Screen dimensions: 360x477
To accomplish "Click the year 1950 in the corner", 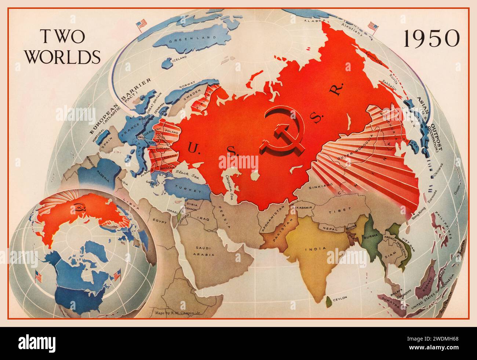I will (431, 38).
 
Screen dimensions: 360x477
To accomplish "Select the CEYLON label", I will (339, 299).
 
